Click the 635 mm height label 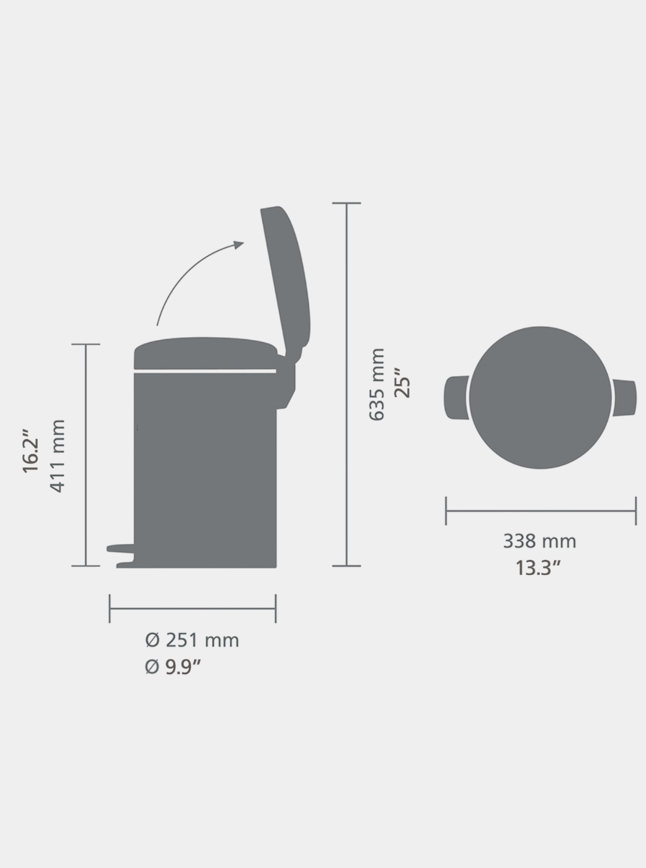click(377, 384)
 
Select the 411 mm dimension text click(58, 456)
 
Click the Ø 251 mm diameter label click(192, 640)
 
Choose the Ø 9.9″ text click(172, 667)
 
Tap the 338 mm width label click(540, 541)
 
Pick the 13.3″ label click(538, 569)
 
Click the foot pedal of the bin click(120, 549)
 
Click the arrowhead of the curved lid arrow click(239, 245)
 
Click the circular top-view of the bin click(540, 398)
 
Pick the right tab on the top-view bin click(625, 398)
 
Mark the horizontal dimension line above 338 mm click(540, 511)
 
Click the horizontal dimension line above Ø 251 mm click(192, 608)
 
